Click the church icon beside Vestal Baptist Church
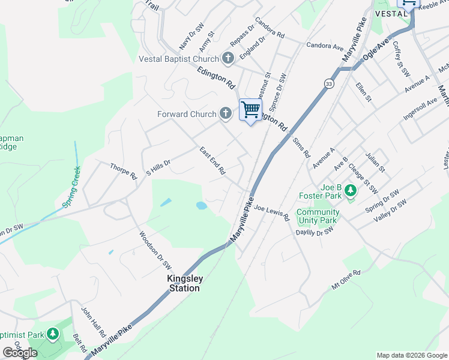tap(228, 58)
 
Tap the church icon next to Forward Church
tap(225, 113)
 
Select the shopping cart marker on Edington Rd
tap(250, 110)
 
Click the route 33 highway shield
tap(328, 83)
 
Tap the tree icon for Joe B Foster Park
tap(350, 191)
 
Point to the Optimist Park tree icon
tap(53, 333)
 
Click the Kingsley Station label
tap(184, 283)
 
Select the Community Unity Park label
tap(318, 216)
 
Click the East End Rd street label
tap(212, 161)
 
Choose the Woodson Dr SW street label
tap(155, 250)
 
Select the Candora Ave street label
tap(324, 46)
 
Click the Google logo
tap(20, 353)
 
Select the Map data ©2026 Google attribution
tap(412, 355)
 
